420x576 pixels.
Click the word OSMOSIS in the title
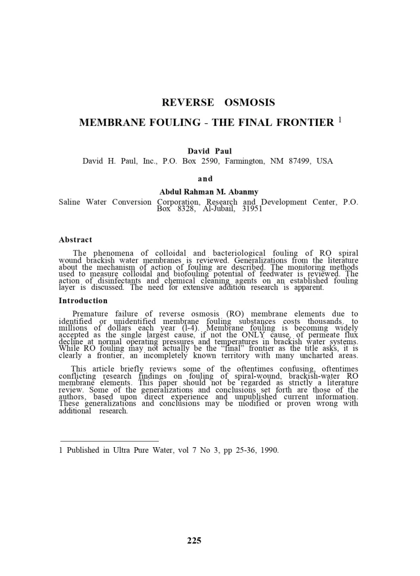(249, 102)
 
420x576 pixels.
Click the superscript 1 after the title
(341, 120)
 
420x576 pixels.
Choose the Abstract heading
(75, 240)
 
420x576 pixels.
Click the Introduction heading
(83, 300)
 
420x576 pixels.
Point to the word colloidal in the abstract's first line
(164, 254)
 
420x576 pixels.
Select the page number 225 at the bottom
(194, 541)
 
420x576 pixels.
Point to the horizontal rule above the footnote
(109, 441)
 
